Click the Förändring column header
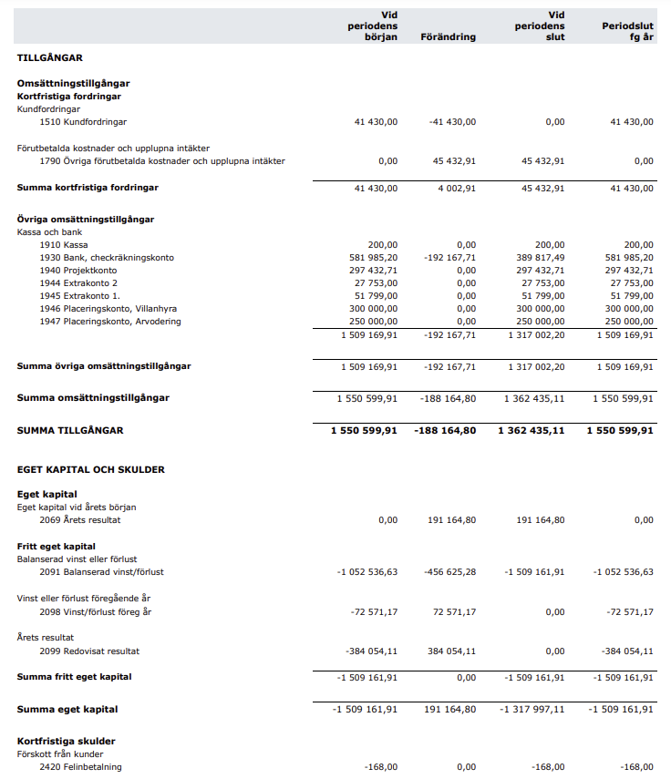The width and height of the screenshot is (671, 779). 449,37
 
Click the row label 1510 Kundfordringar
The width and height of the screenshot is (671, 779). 83,121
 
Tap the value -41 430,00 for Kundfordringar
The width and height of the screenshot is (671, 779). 452,121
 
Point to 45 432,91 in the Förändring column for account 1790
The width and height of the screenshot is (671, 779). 454,161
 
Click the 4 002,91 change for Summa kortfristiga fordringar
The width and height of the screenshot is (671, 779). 457,188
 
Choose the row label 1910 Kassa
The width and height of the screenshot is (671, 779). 64,245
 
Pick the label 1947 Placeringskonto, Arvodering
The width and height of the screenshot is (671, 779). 110,322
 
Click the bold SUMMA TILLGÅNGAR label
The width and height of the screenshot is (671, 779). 70,430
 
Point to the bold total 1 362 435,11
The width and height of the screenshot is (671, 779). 531,430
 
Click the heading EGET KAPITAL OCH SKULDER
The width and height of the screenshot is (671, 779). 91,469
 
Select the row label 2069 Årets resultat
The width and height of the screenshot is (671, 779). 80,520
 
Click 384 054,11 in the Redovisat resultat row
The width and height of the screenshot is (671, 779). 454,651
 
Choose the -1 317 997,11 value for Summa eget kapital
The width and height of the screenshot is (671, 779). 533,709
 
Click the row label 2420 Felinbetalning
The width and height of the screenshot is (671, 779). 80,767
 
